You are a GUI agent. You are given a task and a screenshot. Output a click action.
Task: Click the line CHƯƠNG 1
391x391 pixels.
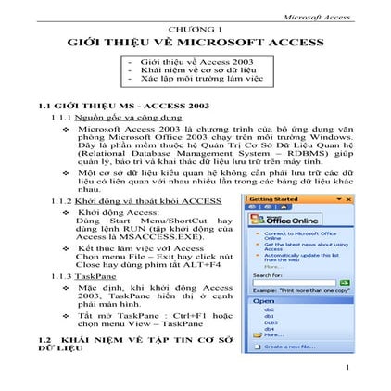[x=195, y=31]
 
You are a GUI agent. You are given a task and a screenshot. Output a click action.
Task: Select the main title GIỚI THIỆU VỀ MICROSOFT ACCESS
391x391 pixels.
[x=195, y=44]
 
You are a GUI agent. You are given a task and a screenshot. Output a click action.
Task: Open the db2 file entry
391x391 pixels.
[x=271, y=310]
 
